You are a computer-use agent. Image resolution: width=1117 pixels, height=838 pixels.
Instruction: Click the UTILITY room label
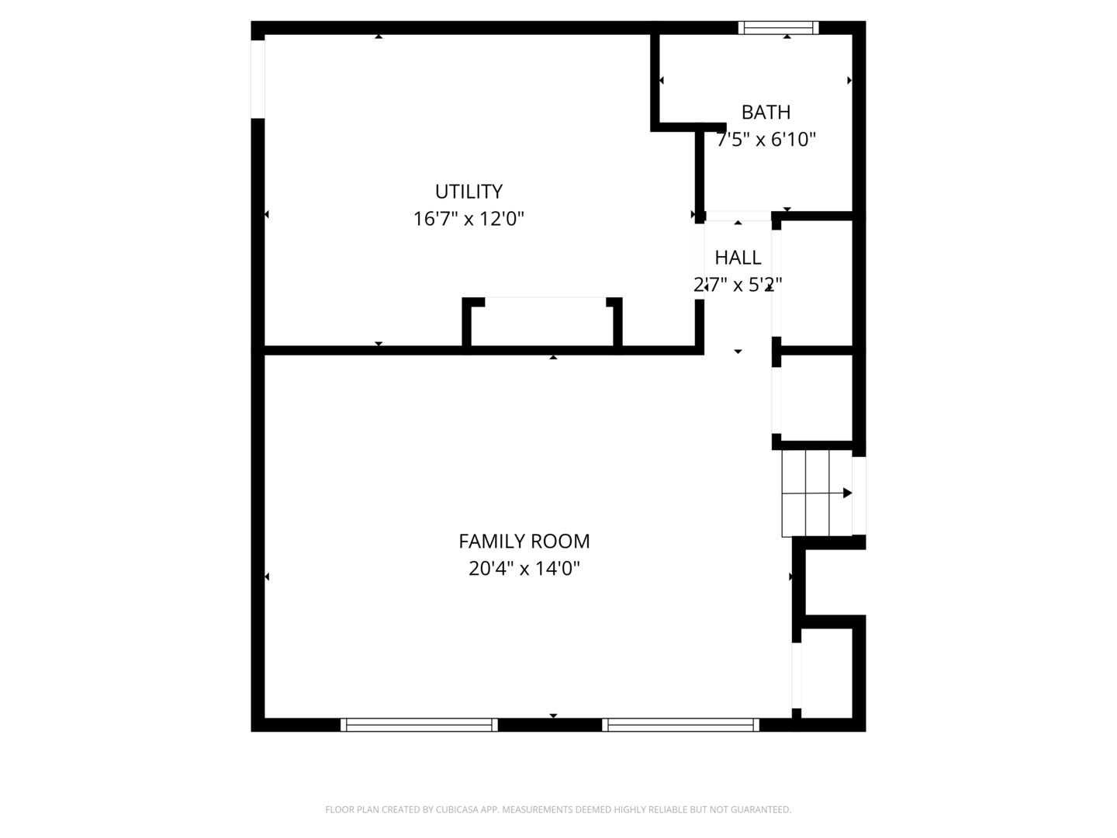click(x=469, y=192)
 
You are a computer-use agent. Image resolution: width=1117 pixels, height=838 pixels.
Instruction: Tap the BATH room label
click(x=766, y=113)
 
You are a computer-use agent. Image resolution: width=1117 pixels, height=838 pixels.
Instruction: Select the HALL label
click(x=738, y=258)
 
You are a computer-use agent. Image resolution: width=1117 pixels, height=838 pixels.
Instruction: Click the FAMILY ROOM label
click(x=524, y=542)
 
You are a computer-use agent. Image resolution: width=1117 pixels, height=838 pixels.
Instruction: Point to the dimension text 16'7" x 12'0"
click(x=469, y=220)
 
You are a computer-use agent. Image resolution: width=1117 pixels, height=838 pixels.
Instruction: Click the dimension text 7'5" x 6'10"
click(x=766, y=140)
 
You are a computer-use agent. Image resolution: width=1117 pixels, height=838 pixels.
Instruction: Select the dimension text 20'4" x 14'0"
click(x=524, y=568)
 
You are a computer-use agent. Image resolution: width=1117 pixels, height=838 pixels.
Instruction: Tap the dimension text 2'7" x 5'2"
click(x=738, y=285)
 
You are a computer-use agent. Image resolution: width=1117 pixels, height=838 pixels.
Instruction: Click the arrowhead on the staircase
click(x=847, y=493)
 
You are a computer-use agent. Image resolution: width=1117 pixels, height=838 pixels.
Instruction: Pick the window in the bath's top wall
click(x=778, y=27)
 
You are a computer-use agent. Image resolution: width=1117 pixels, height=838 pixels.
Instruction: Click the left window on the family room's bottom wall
click(x=419, y=725)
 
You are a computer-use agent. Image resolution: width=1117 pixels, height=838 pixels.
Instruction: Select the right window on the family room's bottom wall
click(x=680, y=725)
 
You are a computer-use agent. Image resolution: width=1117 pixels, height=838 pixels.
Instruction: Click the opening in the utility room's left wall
click(x=258, y=79)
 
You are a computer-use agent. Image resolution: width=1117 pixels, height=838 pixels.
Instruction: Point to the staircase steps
click(x=817, y=493)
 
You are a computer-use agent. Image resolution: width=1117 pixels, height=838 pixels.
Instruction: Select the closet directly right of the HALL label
click(x=816, y=283)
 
